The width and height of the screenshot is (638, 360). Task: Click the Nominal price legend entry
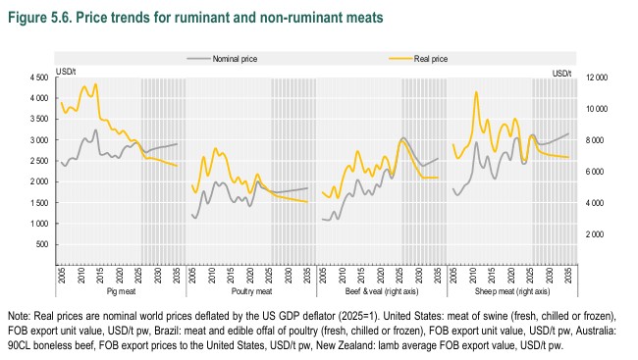222,59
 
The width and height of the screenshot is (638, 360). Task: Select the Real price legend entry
418,59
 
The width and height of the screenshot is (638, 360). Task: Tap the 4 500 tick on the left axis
39,77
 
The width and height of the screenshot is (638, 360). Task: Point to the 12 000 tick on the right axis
597,77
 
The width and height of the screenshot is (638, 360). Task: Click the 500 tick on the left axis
42,244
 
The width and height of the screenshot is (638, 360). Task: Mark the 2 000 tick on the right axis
595,234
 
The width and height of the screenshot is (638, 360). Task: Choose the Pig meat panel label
122,291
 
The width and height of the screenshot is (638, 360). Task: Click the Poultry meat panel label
251,291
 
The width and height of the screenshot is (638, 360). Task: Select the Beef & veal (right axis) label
382,291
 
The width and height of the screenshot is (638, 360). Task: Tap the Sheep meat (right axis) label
512,291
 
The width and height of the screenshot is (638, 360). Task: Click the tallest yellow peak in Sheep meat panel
476,92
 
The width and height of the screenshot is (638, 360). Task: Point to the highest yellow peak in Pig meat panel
95,84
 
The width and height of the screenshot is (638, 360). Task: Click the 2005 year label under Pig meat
62,275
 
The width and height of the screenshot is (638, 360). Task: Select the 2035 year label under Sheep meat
568,275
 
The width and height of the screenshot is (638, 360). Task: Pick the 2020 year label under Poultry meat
250,275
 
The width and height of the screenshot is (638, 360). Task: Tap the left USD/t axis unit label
66,72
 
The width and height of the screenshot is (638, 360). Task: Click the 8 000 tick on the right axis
595,140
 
